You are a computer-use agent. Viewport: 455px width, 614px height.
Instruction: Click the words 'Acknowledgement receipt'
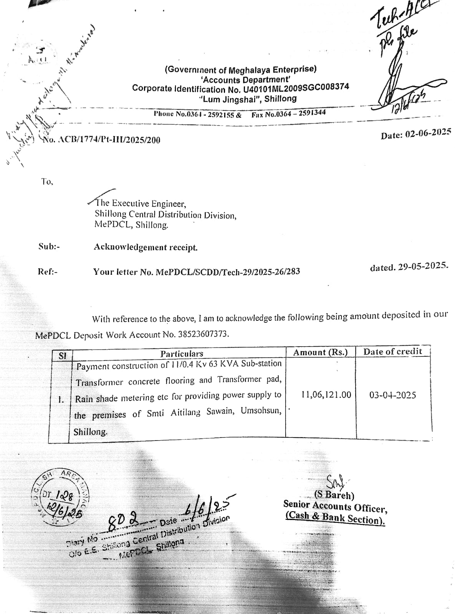(x=146, y=247)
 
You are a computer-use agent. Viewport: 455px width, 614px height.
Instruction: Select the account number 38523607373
(x=202, y=334)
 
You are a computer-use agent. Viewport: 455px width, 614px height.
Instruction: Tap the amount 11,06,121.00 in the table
(x=326, y=394)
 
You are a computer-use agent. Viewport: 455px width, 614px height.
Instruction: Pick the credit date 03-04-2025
(x=392, y=395)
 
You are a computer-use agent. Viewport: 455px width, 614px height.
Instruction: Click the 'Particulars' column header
(x=182, y=353)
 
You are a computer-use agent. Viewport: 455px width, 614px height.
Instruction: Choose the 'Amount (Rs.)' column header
(x=320, y=352)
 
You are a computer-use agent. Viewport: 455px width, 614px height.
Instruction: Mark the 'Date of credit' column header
(x=392, y=352)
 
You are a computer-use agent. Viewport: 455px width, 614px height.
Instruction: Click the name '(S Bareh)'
(x=334, y=495)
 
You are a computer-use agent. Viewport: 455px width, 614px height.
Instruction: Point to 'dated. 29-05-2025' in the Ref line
(x=409, y=267)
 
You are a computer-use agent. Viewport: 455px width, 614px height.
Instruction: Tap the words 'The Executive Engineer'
(x=141, y=203)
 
